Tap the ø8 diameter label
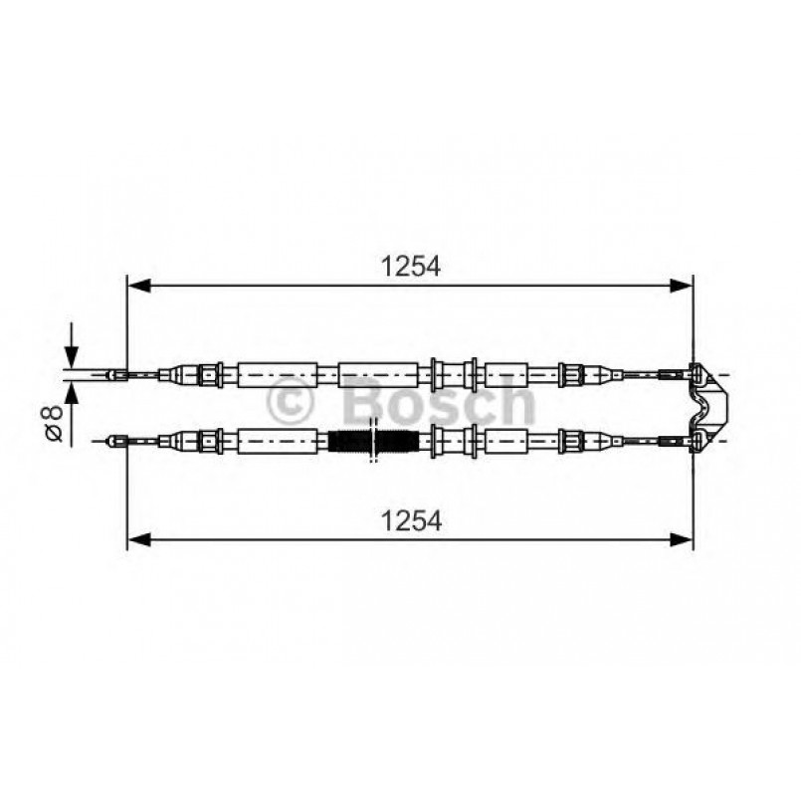point(55,422)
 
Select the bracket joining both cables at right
point(709,406)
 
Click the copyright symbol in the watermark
point(292,402)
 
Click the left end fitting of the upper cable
point(117,375)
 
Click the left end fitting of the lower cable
point(116,439)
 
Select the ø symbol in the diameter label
point(55,432)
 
